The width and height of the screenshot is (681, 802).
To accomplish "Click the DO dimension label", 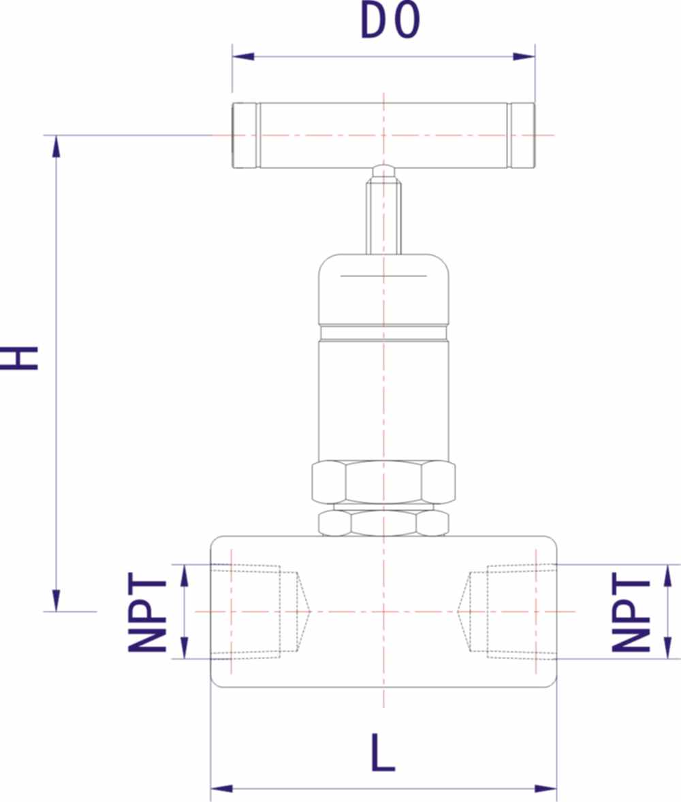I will pyautogui.click(x=390, y=21).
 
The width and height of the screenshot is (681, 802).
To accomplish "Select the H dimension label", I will pyautogui.click(x=20, y=358).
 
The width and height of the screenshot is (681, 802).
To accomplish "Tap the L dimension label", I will pyautogui.click(x=383, y=753).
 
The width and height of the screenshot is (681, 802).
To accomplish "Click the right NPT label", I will pyautogui.click(x=631, y=612).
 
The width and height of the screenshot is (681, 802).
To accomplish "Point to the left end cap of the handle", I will pyautogui.click(x=244, y=135).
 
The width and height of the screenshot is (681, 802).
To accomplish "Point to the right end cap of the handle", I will pyautogui.click(x=522, y=135).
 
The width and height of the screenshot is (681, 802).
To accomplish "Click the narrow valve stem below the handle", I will pyautogui.click(x=383, y=218).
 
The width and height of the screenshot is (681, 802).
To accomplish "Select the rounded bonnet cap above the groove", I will pyautogui.click(x=383, y=289).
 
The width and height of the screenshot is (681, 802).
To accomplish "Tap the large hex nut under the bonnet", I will pyautogui.click(x=383, y=482).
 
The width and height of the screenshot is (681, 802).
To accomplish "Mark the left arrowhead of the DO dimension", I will pyautogui.click(x=243, y=57).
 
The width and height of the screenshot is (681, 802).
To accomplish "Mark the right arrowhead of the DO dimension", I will pyautogui.click(x=524, y=57).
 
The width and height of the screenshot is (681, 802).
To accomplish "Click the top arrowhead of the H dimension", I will pyautogui.click(x=57, y=146).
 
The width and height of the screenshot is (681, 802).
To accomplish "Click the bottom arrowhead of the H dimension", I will pyautogui.click(x=57, y=600).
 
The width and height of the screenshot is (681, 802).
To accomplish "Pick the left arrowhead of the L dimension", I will pyautogui.click(x=221, y=788).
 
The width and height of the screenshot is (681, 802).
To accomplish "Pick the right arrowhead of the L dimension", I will pyautogui.click(x=545, y=788).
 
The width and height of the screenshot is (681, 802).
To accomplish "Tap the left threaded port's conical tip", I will pyautogui.click(x=304, y=611).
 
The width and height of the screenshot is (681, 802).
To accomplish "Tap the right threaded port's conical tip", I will pyautogui.click(x=464, y=611).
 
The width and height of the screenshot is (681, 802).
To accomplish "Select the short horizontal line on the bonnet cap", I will pyautogui.click(x=383, y=276).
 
